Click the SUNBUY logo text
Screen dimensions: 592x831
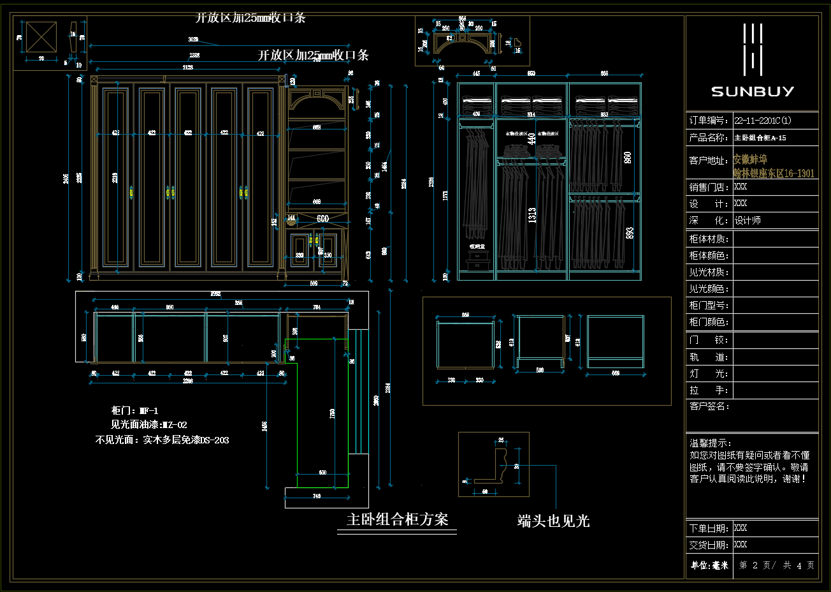(x=752, y=91)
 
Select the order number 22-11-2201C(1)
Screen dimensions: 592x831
(x=762, y=121)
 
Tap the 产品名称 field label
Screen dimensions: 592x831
(x=707, y=138)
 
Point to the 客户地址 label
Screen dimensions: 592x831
(x=707, y=160)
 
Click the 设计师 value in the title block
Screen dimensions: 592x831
(x=748, y=221)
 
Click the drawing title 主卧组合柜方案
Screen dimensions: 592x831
(x=397, y=519)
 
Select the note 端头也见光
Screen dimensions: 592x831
(x=553, y=521)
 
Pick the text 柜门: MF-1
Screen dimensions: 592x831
(x=134, y=411)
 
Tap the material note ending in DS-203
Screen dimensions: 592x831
(x=162, y=440)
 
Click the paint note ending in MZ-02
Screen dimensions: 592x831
(x=149, y=425)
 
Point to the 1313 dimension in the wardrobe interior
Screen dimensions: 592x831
(x=532, y=215)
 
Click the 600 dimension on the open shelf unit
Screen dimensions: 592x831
(x=323, y=219)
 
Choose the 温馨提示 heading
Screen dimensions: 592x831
(x=710, y=443)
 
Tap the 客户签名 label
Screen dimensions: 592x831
(x=709, y=406)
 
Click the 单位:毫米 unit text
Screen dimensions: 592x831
(x=709, y=565)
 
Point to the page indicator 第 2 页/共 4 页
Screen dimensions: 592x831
(x=776, y=565)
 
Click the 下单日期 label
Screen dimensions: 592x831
(x=708, y=529)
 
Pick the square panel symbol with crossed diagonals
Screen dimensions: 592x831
(x=41, y=38)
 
